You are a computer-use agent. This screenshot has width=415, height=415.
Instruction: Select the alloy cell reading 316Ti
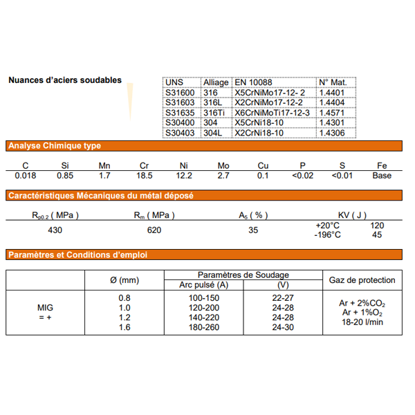214,112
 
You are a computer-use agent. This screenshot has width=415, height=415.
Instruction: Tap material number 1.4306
331,132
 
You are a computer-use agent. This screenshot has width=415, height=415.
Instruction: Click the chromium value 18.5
145,176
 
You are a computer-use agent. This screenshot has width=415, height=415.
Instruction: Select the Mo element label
223,166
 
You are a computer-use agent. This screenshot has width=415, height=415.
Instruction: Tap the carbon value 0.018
26,176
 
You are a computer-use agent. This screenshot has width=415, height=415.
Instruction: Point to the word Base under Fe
381,176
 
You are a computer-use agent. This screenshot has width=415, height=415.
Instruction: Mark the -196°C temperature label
328,234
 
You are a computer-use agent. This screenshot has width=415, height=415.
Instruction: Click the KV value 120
376,225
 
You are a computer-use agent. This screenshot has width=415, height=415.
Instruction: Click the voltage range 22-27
282,297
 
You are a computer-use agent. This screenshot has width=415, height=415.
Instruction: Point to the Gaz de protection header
362,280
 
